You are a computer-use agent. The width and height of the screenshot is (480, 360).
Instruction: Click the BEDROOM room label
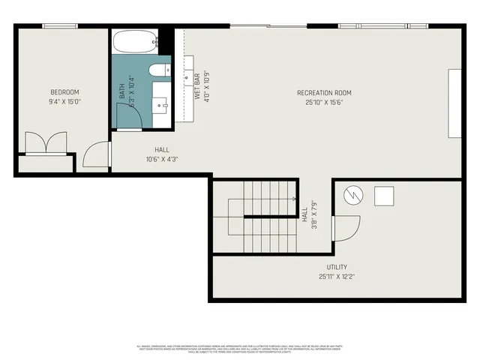(x=64, y=92)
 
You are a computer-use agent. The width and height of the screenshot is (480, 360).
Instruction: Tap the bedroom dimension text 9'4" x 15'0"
(x=64, y=101)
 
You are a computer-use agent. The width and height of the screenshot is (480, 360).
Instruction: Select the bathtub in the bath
(x=135, y=42)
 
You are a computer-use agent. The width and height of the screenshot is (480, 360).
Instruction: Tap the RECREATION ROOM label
(x=324, y=93)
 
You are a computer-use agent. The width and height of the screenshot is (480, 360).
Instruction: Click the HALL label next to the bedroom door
(x=162, y=150)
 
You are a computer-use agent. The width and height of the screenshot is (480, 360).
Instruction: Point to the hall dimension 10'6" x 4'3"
(x=162, y=159)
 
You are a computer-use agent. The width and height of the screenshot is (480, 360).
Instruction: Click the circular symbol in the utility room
(x=352, y=196)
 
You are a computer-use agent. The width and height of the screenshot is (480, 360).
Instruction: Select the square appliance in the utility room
(x=385, y=196)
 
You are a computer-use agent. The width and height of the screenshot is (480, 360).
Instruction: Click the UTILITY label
(x=336, y=268)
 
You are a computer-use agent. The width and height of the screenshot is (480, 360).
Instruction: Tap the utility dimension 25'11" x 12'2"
(x=336, y=277)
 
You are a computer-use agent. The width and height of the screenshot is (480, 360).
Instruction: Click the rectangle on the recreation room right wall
(x=454, y=103)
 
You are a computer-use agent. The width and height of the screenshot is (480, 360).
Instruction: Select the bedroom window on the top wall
(x=61, y=27)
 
